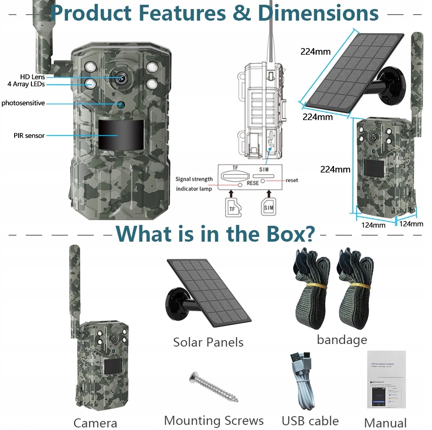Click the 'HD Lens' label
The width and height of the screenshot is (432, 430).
click(x=32, y=77)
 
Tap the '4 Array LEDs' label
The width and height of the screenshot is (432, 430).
click(x=26, y=84)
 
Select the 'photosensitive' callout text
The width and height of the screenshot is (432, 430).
click(x=23, y=103)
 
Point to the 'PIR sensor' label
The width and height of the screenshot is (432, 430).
click(x=29, y=135)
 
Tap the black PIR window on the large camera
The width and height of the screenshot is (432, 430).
click(x=120, y=134)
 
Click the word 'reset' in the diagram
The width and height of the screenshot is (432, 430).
click(x=291, y=180)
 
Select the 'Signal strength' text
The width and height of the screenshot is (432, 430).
click(x=194, y=179)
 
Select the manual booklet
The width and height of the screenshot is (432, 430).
click(x=386, y=380)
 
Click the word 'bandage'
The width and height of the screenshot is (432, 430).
click(x=342, y=340)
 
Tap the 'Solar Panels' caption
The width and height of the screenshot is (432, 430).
click(x=208, y=342)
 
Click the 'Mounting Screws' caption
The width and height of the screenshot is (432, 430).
click(x=214, y=420)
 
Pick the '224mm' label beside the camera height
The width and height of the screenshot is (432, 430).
click(x=335, y=169)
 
